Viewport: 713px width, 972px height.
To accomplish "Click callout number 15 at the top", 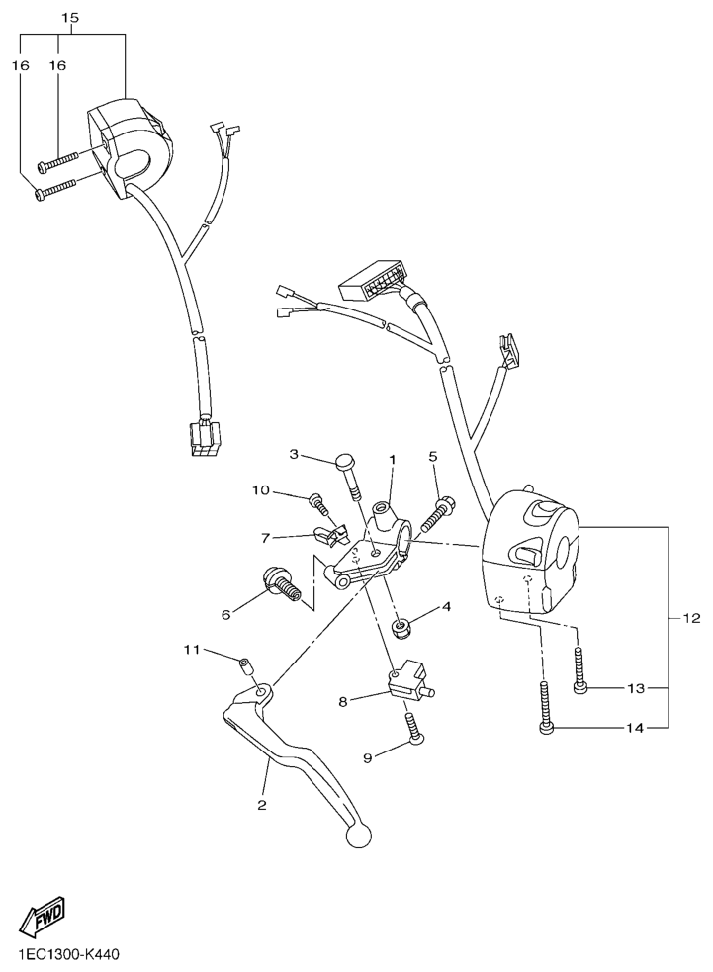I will [69, 19].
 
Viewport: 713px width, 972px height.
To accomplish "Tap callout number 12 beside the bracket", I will [691, 619].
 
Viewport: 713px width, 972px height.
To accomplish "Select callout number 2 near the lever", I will [262, 805].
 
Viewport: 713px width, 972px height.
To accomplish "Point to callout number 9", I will [370, 757].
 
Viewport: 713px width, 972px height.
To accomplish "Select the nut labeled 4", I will [403, 626].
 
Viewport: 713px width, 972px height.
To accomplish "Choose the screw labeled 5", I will [438, 512].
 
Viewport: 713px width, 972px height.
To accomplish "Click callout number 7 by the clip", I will [265, 539].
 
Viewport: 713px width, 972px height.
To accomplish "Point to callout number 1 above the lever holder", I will [392, 460].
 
